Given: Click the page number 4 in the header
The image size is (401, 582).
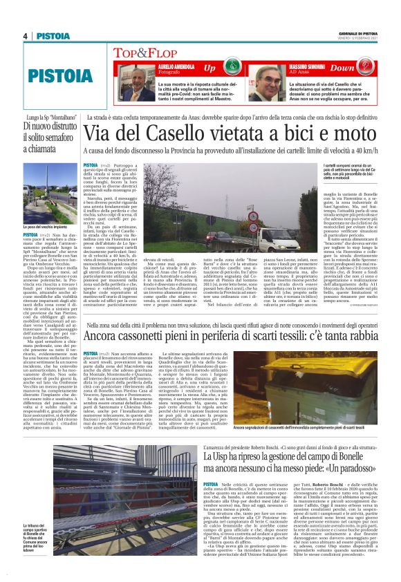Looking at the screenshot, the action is (25, 36).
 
